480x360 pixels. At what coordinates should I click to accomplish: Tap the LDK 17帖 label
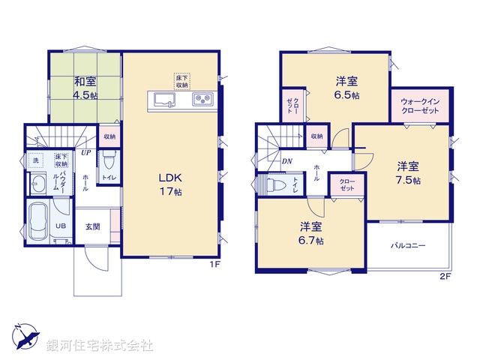pyautogui.click(x=170, y=183)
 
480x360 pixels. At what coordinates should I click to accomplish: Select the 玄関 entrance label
pyautogui.click(x=92, y=227)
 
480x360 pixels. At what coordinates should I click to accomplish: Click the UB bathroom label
pyautogui.click(x=62, y=226)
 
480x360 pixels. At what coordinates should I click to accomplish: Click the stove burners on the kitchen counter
pyautogui.click(x=202, y=100)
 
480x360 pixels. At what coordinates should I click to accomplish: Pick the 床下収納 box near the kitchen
pyautogui.click(x=183, y=81)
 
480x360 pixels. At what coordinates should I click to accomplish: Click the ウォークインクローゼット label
pyautogui.click(x=419, y=105)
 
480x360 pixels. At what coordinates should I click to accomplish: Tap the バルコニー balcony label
pyautogui.click(x=407, y=245)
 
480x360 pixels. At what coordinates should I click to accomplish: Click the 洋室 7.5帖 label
pyautogui.click(x=408, y=172)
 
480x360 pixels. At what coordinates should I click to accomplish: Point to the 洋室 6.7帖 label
pyautogui.click(x=309, y=232)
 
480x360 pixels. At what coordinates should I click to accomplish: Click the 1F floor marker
pyautogui.click(x=214, y=265)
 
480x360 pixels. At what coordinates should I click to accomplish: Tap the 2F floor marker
pyautogui.click(x=444, y=277)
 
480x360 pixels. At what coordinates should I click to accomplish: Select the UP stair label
pyautogui.click(x=87, y=153)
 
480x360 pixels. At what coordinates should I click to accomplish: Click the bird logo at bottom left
pyautogui.click(x=25, y=336)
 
